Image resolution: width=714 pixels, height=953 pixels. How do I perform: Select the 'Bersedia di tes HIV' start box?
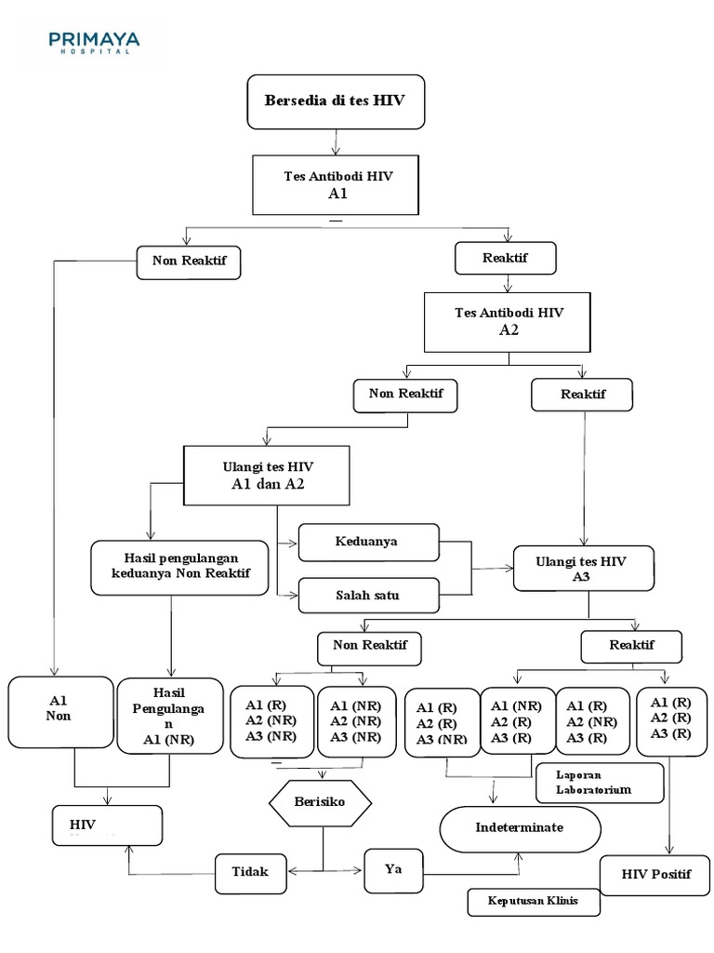(336, 101)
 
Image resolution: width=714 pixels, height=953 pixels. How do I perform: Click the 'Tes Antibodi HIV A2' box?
(509, 321)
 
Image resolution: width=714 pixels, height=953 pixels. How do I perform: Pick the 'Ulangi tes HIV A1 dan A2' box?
(268, 475)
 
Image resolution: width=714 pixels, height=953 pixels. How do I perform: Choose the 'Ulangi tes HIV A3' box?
(582, 568)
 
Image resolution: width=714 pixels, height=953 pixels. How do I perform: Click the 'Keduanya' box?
(368, 542)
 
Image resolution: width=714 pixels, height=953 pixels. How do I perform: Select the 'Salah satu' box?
(368, 595)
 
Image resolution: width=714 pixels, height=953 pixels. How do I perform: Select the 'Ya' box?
(392, 870)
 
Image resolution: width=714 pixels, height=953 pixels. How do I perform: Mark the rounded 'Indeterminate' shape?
(519, 827)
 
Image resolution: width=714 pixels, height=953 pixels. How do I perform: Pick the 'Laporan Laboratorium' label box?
(600, 782)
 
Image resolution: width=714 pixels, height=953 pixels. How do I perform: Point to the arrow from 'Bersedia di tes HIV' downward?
(336, 141)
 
